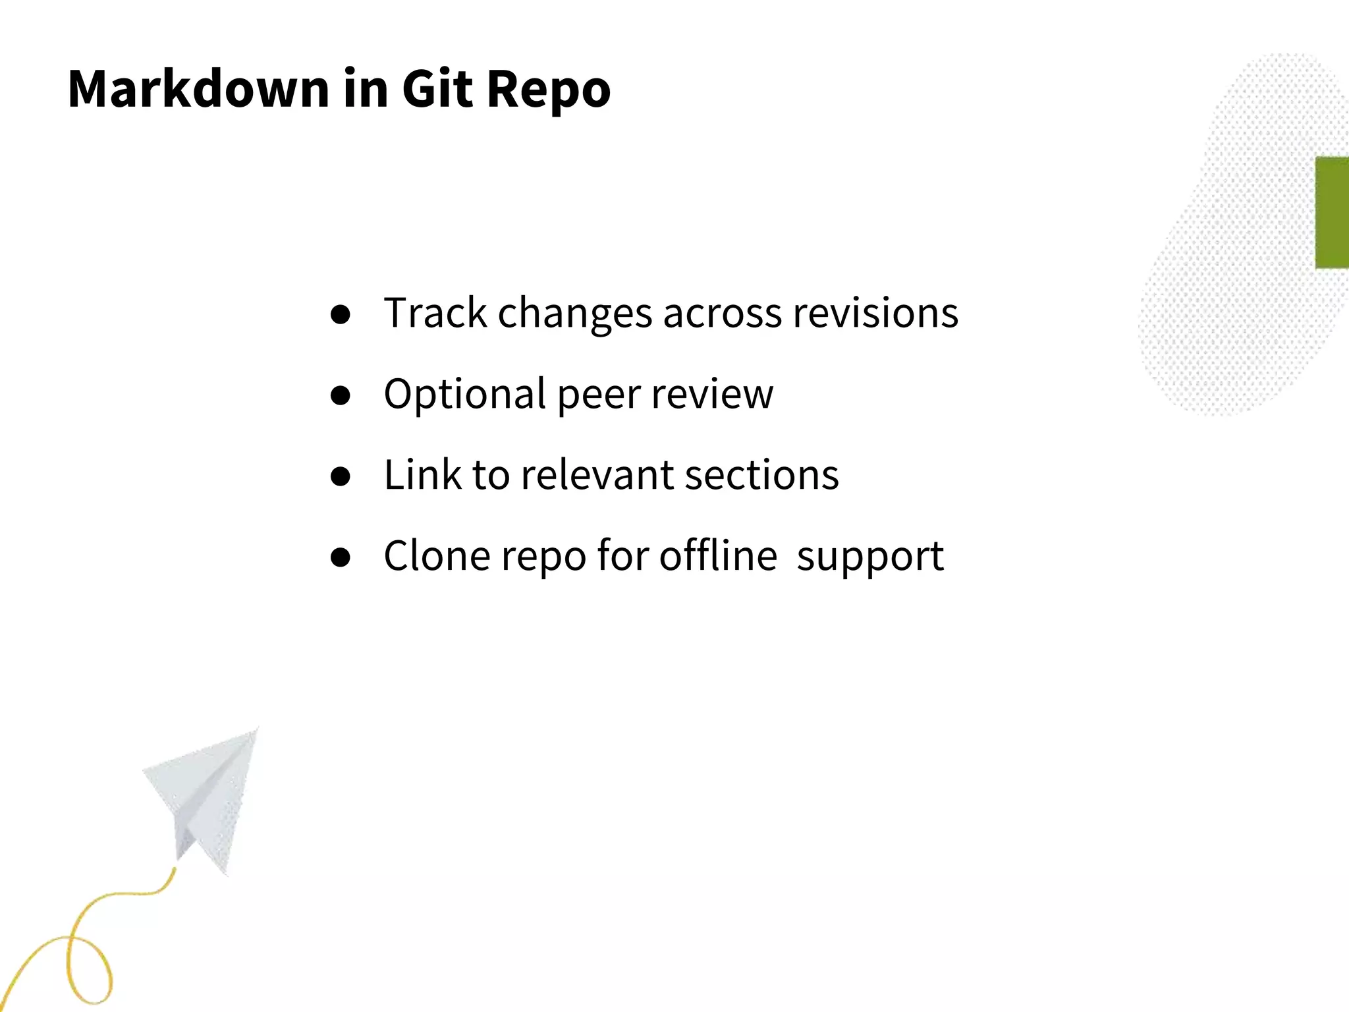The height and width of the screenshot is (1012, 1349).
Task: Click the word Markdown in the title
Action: (x=198, y=88)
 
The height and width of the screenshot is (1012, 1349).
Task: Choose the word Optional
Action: (x=465, y=395)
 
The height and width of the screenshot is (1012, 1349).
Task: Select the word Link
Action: (x=422, y=474)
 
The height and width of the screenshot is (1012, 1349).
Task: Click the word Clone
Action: (x=437, y=555)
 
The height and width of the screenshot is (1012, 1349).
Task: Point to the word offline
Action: (x=718, y=555)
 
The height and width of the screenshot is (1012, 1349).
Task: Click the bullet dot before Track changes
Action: (x=341, y=315)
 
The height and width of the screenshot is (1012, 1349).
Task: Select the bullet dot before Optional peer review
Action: (x=341, y=395)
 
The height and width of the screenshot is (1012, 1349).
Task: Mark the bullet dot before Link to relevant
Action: (x=341, y=476)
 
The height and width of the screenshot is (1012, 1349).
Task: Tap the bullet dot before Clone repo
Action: (x=341, y=557)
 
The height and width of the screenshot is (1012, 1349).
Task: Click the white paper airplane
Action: (x=207, y=797)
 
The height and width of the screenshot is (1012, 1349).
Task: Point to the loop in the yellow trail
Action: (x=89, y=969)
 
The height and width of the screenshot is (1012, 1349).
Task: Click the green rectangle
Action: (x=1332, y=212)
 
